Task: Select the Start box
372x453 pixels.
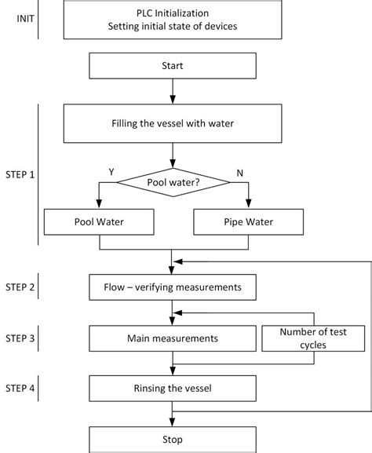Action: tap(172, 66)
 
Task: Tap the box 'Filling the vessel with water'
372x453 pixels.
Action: tap(172, 122)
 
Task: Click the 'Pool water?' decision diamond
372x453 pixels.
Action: tap(173, 182)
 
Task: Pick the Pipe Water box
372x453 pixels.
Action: tap(249, 221)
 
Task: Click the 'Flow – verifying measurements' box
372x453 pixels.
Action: tap(172, 287)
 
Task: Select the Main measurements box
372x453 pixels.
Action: tap(172, 338)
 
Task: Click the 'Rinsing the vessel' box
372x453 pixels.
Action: tap(172, 388)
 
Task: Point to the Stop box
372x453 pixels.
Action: tap(172, 438)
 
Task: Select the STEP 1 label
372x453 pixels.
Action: tap(20, 174)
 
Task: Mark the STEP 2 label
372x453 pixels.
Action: tap(20, 287)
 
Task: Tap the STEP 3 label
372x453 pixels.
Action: tap(20, 338)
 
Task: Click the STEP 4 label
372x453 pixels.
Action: tap(20, 387)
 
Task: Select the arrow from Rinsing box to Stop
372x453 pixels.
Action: tap(172, 414)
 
